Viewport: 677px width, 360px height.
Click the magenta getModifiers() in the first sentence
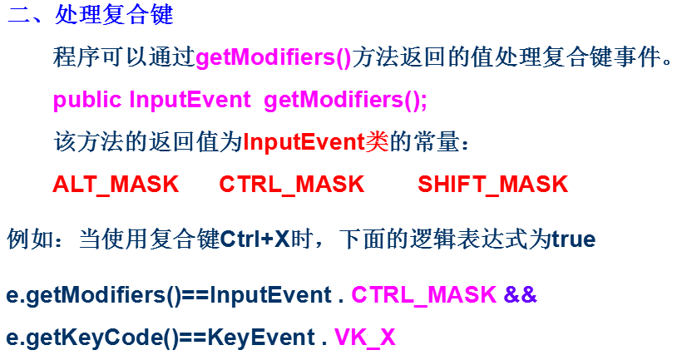point(274,59)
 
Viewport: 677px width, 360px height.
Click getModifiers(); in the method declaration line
point(344,101)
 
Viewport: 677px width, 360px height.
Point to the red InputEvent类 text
point(316,142)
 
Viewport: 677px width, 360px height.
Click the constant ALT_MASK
point(116,184)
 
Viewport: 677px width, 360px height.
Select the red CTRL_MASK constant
point(292,184)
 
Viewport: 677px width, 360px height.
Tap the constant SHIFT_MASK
point(492,184)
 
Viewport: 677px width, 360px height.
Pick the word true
point(573,240)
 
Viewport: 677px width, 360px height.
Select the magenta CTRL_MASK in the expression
point(424,295)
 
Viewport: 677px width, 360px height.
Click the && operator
point(521,295)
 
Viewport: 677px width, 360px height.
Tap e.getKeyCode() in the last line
point(88,338)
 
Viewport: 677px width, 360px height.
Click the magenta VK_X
point(364,338)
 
